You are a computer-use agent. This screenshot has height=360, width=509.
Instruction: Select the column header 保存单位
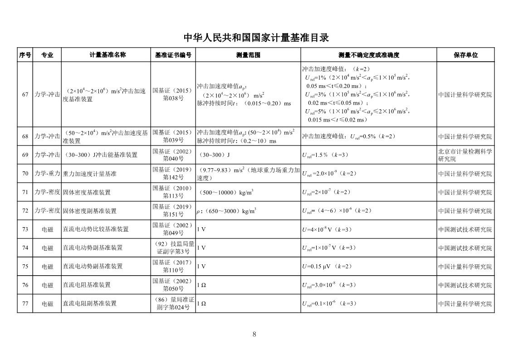(x=465, y=55)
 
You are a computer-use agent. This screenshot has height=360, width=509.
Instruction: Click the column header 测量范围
(x=248, y=55)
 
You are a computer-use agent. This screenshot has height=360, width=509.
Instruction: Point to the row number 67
(x=25, y=95)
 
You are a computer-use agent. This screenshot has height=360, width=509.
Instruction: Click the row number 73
(x=25, y=229)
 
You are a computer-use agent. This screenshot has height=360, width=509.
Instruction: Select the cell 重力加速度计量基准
(x=89, y=174)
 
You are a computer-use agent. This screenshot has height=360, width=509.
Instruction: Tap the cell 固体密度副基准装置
(x=89, y=211)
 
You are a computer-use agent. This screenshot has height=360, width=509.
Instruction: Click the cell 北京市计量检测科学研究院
(x=465, y=155)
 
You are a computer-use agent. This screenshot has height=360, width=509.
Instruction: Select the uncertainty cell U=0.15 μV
(x=327, y=267)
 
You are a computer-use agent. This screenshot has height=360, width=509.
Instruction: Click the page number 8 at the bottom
(x=254, y=335)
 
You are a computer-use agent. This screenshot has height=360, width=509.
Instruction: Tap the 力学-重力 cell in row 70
(x=47, y=174)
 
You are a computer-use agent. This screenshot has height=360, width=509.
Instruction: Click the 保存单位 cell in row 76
(x=465, y=285)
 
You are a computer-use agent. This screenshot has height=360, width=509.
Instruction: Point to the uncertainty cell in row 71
(x=327, y=192)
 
